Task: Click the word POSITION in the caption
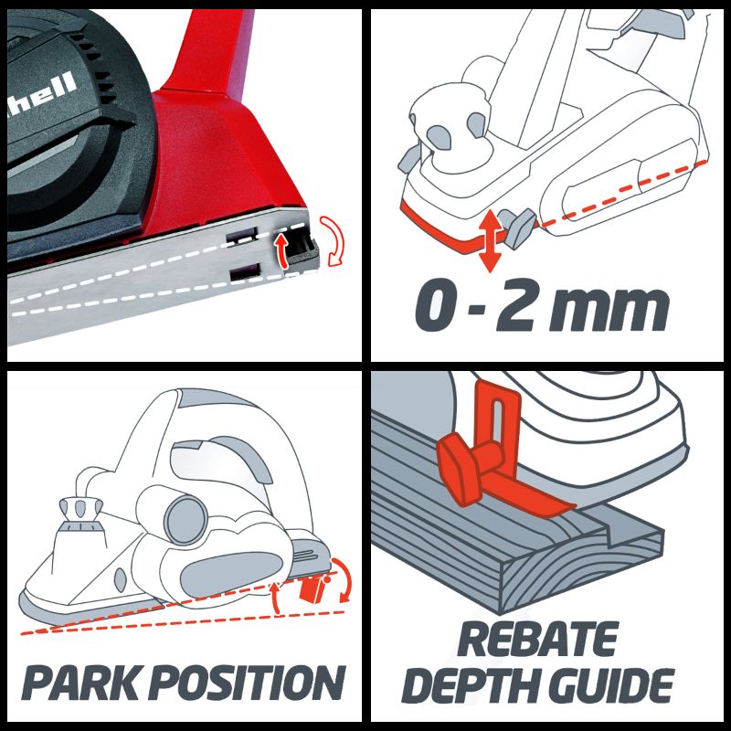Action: click(x=249, y=682)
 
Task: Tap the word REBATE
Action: click(x=538, y=639)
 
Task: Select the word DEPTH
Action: click(x=471, y=684)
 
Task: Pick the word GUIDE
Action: click(x=611, y=684)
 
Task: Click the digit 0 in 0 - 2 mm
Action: click(x=435, y=305)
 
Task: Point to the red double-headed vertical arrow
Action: click(x=490, y=240)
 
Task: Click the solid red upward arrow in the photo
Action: click(x=281, y=250)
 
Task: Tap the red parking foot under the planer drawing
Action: click(x=312, y=588)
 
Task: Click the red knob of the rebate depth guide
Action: click(x=459, y=470)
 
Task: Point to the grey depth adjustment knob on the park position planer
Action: click(x=80, y=509)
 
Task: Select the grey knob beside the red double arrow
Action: click(x=517, y=228)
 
